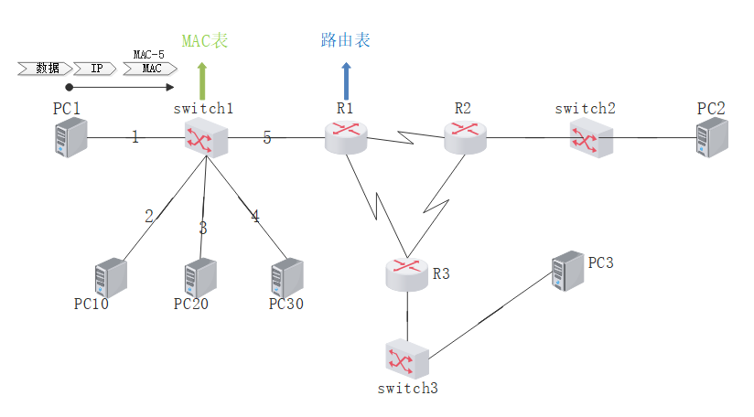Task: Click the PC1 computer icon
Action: point(70,137)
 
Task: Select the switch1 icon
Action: point(204,138)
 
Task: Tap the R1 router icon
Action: point(345,138)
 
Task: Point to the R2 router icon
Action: point(465,137)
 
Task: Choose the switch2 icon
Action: point(585,138)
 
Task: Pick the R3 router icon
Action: point(406,273)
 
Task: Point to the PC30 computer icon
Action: point(286,276)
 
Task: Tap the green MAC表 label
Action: point(204,41)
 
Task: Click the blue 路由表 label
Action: point(346,40)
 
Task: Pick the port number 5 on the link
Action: point(266,138)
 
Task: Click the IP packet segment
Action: point(95,69)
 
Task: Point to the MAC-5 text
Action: point(149,55)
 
